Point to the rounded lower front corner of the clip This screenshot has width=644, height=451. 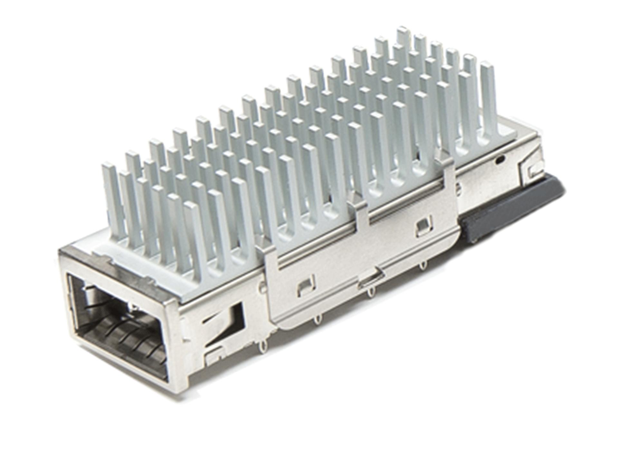283,325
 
